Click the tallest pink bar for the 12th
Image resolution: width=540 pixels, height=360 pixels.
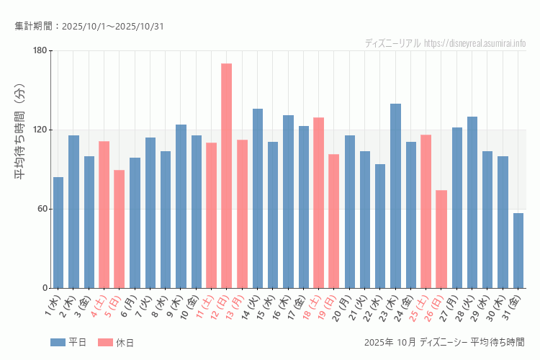click(x=227, y=176)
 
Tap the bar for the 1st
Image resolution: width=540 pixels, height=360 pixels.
click(x=58, y=233)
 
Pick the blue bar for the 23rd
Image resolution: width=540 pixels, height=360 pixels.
click(x=395, y=196)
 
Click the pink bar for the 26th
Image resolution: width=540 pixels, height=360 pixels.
click(x=441, y=239)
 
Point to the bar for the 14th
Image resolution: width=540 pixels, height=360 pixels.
click(x=258, y=199)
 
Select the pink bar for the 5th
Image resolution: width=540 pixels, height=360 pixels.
click(x=120, y=229)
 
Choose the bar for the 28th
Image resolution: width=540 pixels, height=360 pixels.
click(x=472, y=202)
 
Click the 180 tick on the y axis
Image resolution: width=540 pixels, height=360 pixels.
click(x=39, y=50)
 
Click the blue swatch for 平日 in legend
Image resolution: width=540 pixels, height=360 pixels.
click(x=58, y=342)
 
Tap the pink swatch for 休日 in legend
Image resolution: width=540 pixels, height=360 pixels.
click(x=105, y=342)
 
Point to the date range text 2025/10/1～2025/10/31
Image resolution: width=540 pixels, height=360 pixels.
click(x=112, y=27)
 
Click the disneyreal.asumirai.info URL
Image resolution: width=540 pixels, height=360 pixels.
click(x=474, y=43)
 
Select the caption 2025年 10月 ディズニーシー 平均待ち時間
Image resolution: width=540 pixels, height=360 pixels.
click(x=445, y=342)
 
